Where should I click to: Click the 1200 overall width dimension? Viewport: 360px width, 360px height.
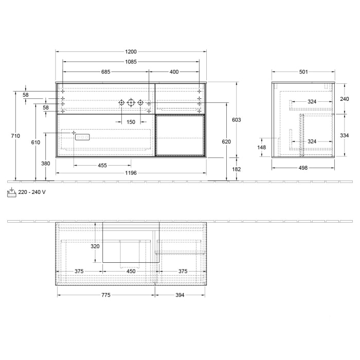[x=131, y=52]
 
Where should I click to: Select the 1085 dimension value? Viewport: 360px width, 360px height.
[x=131, y=62]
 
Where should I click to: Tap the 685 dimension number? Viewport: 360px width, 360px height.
[x=105, y=72]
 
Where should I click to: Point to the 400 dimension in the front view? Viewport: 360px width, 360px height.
[x=174, y=72]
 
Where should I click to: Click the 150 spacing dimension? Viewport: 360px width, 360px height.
[x=131, y=122]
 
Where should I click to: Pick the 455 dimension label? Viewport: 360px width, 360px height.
[x=102, y=165]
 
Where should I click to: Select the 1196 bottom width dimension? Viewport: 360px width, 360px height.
[x=131, y=173]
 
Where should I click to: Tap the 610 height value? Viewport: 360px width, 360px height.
[x=35, y=142]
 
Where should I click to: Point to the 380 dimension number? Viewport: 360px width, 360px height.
[x=46, y=164]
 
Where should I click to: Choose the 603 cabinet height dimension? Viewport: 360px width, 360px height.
[x=236, y=120]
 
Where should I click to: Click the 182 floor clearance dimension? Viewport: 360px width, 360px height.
[x=236, y=169]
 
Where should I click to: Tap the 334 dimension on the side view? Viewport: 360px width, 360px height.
[x=345, y=135]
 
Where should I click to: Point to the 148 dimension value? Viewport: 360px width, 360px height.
[x=262, y=148]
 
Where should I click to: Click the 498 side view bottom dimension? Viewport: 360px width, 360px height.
[x=303, y=168]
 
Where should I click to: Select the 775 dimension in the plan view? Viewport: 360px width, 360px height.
[x=105, y=295]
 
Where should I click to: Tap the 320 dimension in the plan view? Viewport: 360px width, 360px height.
[x=95, y=246]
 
